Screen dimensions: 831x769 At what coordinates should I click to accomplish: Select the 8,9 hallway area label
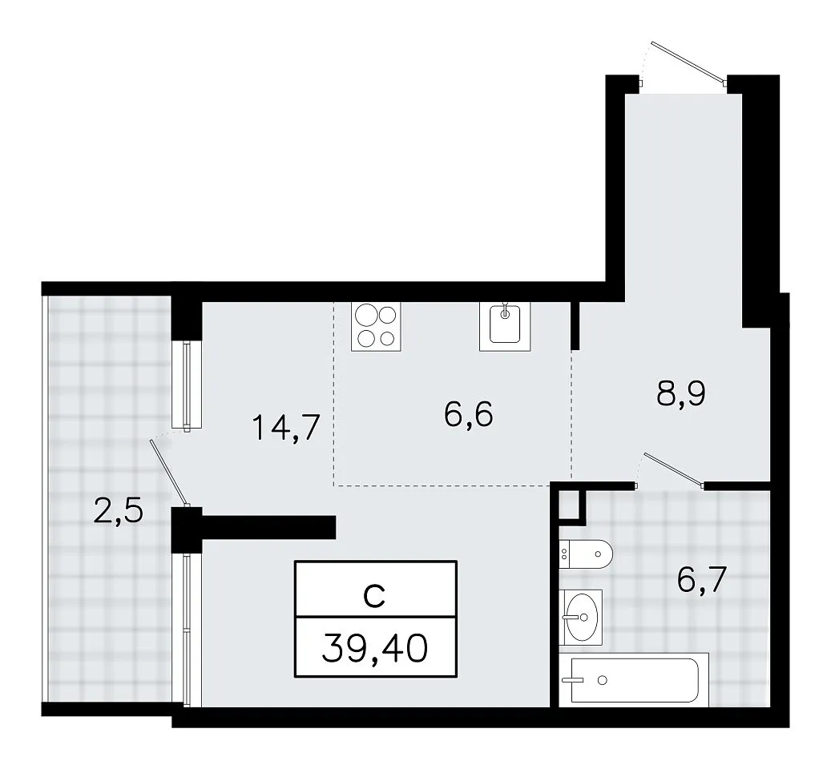[x=681, y=393]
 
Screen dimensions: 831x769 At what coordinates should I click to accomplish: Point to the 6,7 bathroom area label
[x=702, y=580]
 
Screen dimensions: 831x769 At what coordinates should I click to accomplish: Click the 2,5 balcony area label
[x=118, y=512]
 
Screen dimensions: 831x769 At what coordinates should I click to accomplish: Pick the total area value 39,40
[x=375, y=648]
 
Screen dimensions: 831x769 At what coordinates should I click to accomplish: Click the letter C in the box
[x=374, y=596]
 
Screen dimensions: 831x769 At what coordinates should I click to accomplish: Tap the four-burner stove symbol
[x=376, y=326]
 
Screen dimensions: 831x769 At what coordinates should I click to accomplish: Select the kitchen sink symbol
[x=505, y=326]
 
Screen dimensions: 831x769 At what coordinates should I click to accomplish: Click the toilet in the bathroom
[x=586, y=554]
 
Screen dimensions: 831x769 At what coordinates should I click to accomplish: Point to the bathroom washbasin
[x=582, y=617]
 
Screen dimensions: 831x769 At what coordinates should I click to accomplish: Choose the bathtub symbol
[x=635, y=680]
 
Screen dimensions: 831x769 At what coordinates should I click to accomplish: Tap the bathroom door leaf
[x=674, y=469]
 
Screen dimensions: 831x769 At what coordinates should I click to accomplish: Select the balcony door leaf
[x=168, y=473]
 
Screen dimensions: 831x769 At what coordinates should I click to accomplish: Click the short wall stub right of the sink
[x=575, y=326]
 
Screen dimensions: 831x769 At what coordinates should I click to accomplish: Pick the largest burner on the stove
[x=365, y=316]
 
